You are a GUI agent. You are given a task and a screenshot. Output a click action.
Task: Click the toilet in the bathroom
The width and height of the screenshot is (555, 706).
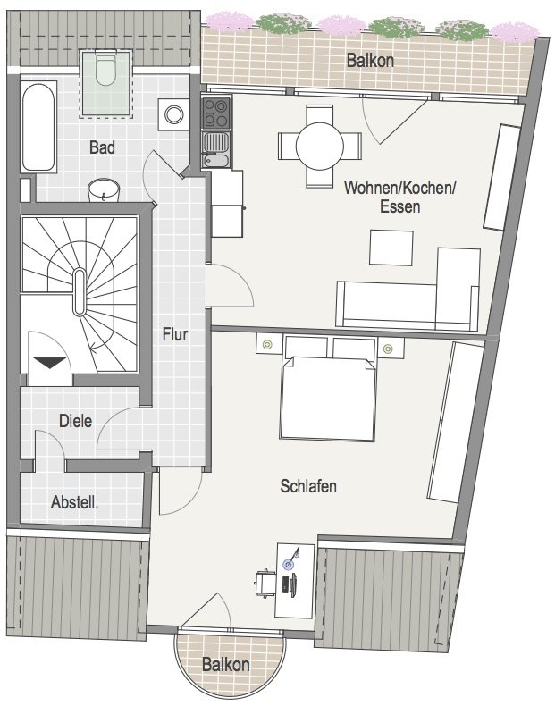105,68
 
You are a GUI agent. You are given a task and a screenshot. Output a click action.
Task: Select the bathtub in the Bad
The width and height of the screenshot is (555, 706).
38,127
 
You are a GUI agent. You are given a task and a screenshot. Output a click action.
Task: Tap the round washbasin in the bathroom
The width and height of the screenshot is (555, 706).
104,190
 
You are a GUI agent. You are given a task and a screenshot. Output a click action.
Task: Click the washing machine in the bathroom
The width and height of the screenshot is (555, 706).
173,114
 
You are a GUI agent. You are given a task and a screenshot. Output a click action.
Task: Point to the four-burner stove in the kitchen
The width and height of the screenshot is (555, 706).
216,113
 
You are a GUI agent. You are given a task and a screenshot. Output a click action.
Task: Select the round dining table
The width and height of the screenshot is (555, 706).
320,146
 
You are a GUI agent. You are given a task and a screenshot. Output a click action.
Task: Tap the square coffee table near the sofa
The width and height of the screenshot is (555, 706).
391,248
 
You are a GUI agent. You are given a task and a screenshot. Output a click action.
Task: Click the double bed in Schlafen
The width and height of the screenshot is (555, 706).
328,388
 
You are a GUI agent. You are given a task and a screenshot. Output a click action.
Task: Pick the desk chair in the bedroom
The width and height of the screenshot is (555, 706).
265,583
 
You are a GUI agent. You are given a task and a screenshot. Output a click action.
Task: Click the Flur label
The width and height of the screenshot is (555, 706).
174,334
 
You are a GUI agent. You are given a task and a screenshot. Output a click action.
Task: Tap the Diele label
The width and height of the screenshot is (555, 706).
76,421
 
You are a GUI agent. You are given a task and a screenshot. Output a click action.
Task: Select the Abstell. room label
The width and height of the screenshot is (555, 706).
74,502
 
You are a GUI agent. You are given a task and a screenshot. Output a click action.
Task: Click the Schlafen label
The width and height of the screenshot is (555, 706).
308,486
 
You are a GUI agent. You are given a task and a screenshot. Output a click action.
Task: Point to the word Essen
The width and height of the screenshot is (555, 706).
400,206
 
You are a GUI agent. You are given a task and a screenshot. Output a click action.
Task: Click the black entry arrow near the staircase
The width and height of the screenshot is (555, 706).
50,363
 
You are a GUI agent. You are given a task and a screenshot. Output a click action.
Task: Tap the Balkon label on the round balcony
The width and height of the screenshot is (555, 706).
225,665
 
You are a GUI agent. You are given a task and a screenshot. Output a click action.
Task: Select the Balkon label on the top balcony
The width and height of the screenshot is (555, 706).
370,61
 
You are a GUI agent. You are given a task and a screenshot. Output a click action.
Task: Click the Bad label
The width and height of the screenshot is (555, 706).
102,147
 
